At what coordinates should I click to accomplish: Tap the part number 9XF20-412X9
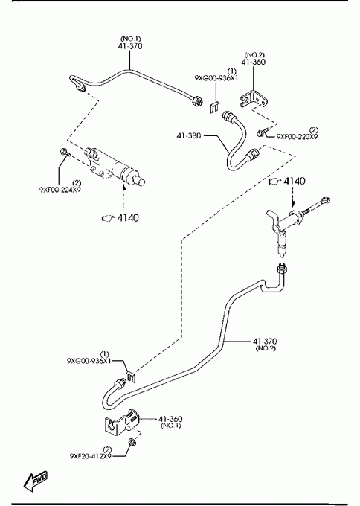[91, 456]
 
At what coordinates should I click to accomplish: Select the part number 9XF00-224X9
[60, 190]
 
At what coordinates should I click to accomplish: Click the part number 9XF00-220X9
[297, 136]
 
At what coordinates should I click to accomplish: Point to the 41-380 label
[189, 135]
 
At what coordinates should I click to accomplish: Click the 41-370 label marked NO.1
[130, 46]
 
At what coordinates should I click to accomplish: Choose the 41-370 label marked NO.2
[265, 341]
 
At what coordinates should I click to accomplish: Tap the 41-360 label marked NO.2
[254, 62]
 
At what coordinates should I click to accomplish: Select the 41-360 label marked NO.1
[170, 419]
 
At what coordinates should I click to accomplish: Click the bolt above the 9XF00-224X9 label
[65, 152]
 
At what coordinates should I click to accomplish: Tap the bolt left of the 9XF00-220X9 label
[261, 132]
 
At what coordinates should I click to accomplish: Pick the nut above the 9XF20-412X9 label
[132, 441]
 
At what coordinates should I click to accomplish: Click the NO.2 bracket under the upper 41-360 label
[254, 99]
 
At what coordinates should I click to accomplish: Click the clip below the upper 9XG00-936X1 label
[214, 107]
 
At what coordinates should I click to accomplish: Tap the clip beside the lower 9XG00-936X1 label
[131, 377]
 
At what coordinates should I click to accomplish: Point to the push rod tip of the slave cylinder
[141, 182]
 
